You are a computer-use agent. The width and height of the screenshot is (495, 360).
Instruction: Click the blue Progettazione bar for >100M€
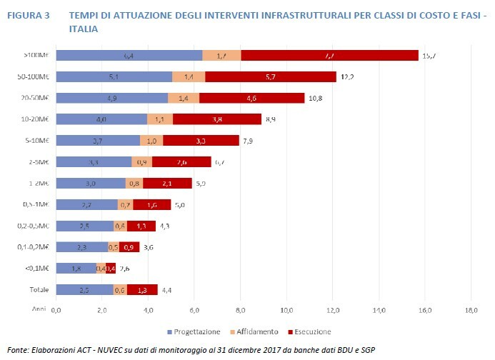click(129, 55)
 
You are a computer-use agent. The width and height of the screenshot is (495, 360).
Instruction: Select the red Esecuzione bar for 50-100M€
click(270, 76)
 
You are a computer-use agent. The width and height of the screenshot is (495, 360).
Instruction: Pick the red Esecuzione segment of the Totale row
click(142, 289)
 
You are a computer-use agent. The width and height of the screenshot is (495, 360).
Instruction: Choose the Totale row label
click(39, 289)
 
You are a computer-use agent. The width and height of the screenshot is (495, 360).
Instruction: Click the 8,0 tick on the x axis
click(241, 309)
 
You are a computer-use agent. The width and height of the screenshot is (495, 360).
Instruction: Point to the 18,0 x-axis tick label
click(471, 309)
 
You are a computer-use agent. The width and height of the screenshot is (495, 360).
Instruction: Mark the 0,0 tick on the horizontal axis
click(56, 309)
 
